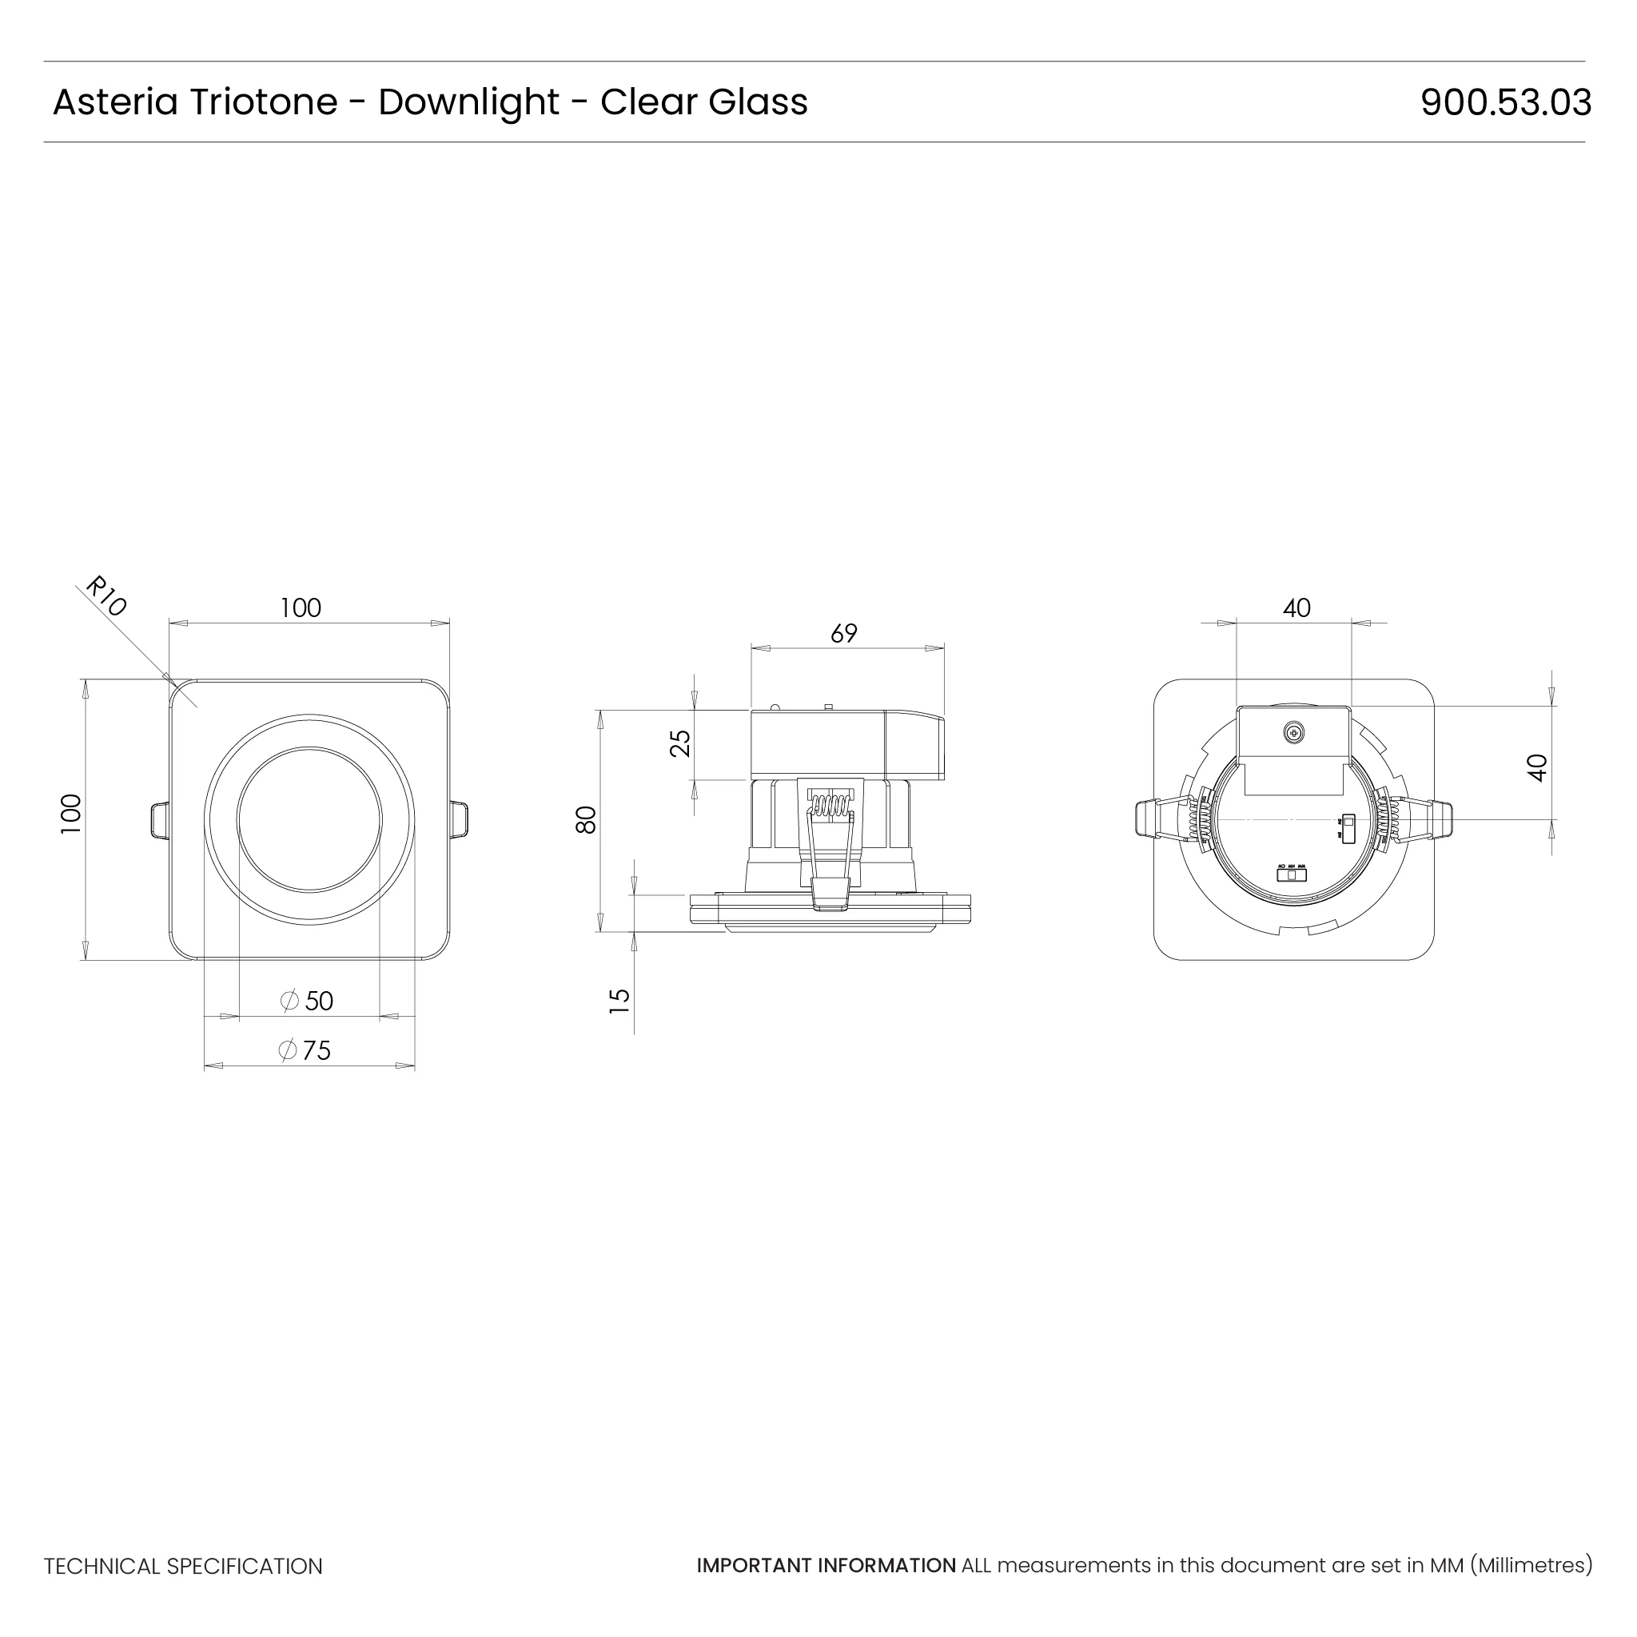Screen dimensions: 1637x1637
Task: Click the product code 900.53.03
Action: [1505, 102]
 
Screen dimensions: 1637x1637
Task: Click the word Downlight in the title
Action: [468, 102]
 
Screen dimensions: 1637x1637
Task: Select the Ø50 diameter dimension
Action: [308, 1001]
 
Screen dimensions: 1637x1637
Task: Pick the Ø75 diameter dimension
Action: [305, 1050]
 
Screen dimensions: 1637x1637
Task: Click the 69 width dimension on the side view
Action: [844, 634]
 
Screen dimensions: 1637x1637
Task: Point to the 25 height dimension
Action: [680, 743]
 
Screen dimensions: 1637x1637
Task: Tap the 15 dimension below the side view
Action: [620, 1001]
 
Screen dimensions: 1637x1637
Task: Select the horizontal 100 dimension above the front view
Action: [301, 608]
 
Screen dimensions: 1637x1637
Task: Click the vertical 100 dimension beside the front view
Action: [71, 815]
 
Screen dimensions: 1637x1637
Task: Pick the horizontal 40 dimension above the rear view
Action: [1296, 608]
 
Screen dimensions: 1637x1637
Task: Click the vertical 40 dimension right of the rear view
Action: [1537, 767]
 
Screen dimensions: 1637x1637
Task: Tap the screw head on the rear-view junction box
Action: [1294, 733]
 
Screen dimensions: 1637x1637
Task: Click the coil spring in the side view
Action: [830, 804]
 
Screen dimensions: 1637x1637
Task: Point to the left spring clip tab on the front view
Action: [158, 820]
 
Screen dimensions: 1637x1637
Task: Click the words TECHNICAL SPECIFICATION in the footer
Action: [183, 1567]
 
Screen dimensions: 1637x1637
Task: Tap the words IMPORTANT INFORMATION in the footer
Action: [826, 1566]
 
